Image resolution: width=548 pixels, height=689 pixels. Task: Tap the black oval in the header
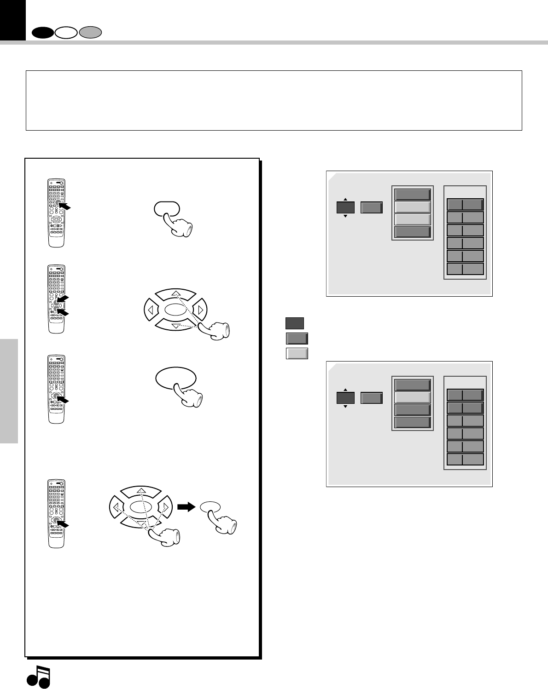coord(42,33)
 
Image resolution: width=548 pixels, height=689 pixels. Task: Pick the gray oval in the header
coord(90,33)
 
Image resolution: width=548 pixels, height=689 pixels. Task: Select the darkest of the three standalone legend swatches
coord(295,323)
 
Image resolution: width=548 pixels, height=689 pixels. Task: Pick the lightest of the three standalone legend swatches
coord(297,353)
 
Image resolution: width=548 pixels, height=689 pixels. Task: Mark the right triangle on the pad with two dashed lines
coord(200,310)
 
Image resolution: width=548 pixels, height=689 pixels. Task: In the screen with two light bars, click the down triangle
coord(345,216)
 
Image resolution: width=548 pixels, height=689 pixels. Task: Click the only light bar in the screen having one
coord(413,397)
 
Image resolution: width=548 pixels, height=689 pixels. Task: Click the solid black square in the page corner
coord(13,20)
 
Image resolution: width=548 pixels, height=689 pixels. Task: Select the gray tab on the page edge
coord(9,391)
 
